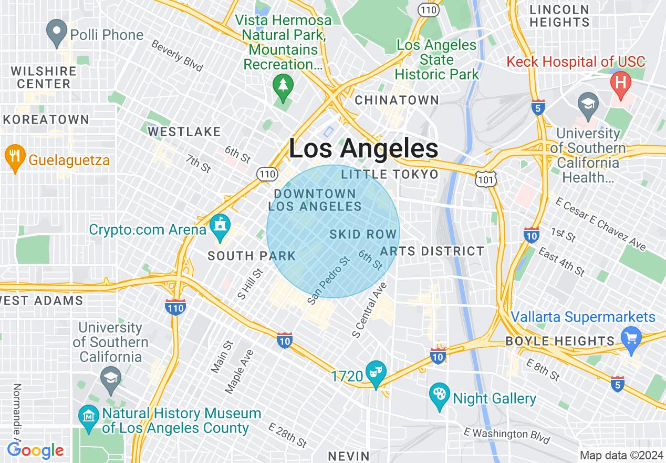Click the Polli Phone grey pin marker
[x=57, y=33]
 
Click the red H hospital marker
[x=621, y=85]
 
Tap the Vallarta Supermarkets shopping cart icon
[x=631, y=337]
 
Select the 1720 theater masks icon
[x=376, y=372]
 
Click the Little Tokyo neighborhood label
[x=389, y=174]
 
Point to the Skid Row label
[x=363, y=234]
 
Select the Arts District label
[x=432, y=251]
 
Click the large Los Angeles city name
[x=363, y=149]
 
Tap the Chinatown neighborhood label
[x=397, y=100]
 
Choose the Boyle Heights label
[x=559, y=341]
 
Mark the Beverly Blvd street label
[x=177, y=56]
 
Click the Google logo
[x=36, y=450]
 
